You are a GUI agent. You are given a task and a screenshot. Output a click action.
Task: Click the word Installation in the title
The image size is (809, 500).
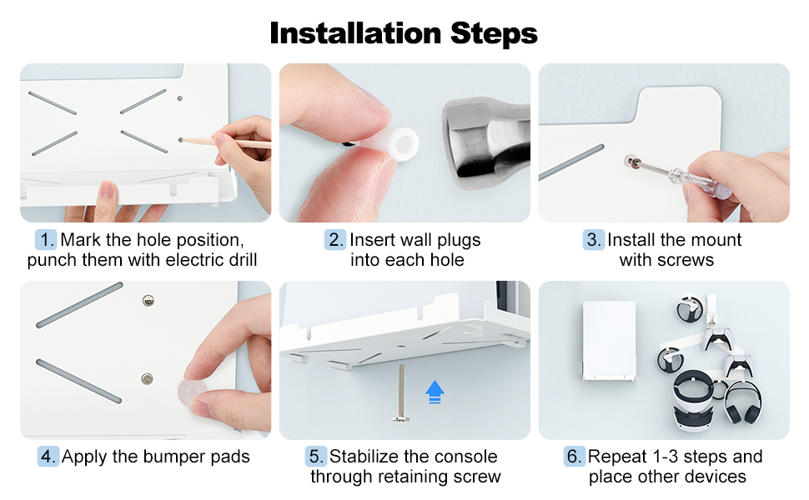point(355,33)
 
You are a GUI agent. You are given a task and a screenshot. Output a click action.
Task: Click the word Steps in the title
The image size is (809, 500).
point(494,34)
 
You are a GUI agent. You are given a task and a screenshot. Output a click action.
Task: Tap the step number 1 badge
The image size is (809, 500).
point(46,240)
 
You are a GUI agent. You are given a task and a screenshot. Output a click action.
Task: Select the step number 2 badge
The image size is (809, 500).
point(335,240)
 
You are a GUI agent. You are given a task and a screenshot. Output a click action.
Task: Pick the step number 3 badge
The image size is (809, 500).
point(593,240)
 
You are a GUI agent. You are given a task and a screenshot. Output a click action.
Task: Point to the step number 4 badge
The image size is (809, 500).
point(48,456)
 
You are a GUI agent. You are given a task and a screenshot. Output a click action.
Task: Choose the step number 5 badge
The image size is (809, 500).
point(316,456)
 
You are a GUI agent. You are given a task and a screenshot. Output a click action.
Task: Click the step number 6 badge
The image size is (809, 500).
point(575,456)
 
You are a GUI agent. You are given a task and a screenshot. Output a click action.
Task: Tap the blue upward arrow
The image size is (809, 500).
point(435,392)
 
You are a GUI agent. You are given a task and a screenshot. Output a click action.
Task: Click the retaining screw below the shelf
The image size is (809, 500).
point(401,392)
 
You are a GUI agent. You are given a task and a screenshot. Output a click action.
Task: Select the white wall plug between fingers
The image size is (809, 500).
point(392,143)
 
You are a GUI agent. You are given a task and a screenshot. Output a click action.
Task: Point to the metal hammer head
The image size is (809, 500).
point(486,144)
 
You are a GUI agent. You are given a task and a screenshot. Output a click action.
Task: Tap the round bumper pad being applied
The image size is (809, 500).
point(192,392)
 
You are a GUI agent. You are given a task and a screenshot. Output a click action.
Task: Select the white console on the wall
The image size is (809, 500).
point(610,341)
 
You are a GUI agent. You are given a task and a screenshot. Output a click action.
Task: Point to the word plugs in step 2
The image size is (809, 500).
point(459,241)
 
